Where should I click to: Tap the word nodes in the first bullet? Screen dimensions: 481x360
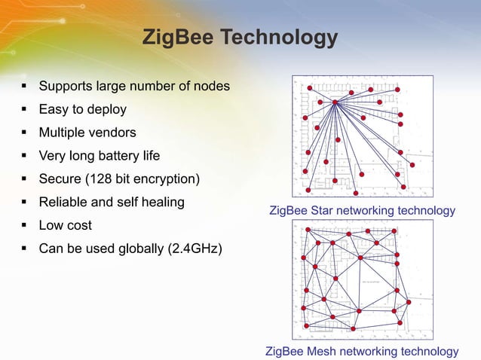pyautogui.click(x=209, y=87)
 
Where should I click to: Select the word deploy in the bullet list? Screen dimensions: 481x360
pyautogui.click(x=107, y=110)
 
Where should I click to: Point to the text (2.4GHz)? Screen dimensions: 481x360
pyautogui.click(x=191, y=249)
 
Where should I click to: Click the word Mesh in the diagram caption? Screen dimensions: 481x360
pyautogui.click(x=322, y=352)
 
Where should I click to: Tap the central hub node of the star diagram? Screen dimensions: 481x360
pyautogui.click(x=334, y=102)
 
